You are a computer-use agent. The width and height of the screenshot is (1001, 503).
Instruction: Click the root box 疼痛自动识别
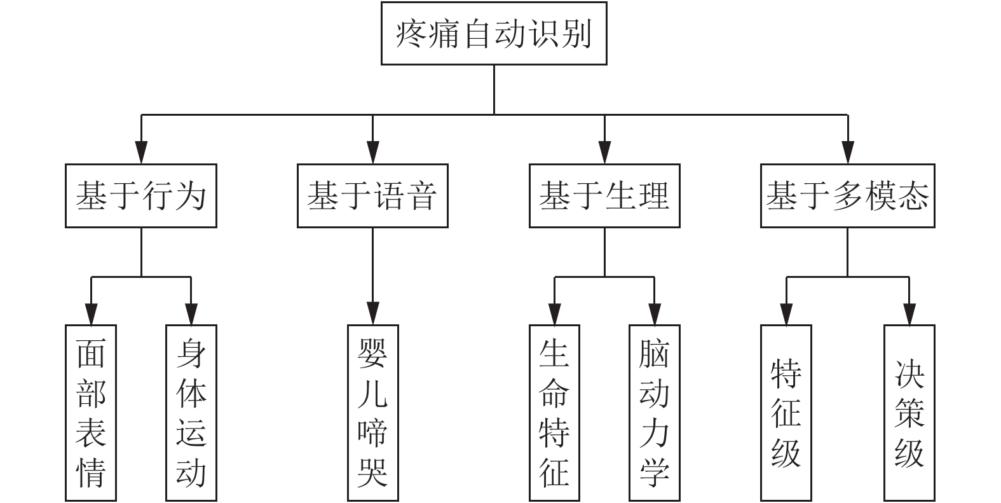coord(494,33)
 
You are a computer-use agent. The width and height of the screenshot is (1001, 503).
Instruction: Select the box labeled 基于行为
coord(141,196)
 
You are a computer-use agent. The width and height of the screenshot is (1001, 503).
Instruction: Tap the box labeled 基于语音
coord(372,196)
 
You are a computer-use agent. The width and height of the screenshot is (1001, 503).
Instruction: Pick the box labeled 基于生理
coord(604,196)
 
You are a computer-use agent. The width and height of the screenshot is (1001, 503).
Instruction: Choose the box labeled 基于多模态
coord(847,196)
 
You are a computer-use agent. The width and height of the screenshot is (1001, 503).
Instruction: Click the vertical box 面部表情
coord(91,413)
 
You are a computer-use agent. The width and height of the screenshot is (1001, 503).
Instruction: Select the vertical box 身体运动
coord(191,413)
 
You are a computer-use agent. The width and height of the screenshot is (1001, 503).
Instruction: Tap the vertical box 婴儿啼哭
coord(372,413)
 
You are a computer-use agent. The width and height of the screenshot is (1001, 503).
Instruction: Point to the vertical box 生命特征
coord(554,413)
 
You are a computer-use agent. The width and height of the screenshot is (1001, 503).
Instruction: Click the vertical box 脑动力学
coord(654,413)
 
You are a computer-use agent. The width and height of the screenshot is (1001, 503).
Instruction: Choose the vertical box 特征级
coord(786,413)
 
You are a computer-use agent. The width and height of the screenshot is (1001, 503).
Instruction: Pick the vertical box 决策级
coord(909,413)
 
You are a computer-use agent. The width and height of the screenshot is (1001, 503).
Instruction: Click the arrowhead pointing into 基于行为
coord(141,153)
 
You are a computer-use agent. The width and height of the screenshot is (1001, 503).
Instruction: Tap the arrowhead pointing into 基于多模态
coord(847,153)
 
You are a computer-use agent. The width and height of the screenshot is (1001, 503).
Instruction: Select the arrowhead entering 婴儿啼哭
coord(372,314)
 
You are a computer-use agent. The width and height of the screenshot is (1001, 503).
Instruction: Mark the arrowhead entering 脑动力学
coord(654,314)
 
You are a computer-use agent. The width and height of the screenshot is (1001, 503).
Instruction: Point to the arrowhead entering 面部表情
coord(91,314)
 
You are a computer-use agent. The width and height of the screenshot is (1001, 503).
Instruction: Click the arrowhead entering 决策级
coord(909,314)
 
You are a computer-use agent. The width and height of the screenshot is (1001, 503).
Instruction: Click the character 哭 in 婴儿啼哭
coord(372,472)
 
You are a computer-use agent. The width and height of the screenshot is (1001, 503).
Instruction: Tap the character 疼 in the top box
coord(412,34)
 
